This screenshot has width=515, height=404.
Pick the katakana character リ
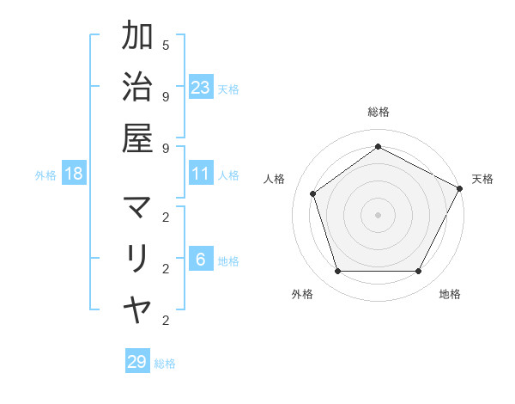tap(137, 257)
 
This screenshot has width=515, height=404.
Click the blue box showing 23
tap(201, 88)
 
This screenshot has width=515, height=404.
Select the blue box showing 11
tap(201, 174)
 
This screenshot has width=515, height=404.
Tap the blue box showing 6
tap(201, 260)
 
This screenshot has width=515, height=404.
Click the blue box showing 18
tap(74, 174)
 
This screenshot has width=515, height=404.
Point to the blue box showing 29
tap(137, 362)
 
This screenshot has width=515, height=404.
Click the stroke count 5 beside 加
tap(166, 44)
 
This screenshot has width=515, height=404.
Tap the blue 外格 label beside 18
tap(45, 175)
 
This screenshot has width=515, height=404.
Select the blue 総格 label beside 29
tap(165, 364)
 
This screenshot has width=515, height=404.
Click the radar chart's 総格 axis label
tap(379, 112)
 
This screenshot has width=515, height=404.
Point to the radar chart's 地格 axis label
tap(450, 294)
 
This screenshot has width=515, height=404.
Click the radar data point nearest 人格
tap(313, 193)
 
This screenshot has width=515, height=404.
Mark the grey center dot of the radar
tap(378, 214)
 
